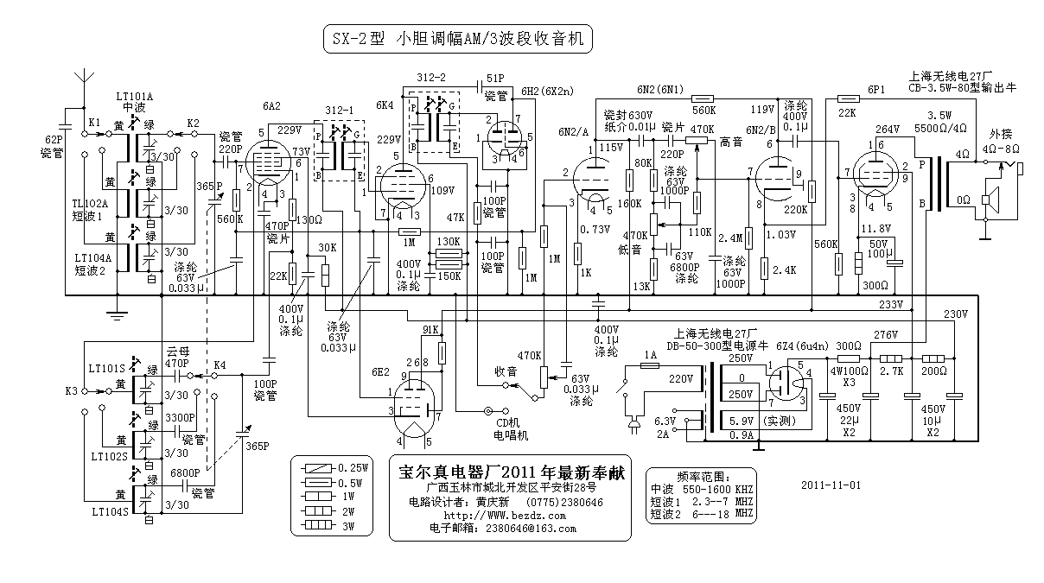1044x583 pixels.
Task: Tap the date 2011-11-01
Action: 831,485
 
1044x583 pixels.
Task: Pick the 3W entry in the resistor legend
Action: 349,524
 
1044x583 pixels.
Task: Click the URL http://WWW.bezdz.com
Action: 506,516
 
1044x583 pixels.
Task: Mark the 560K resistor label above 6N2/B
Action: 703,111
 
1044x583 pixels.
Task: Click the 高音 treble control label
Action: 730,140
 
